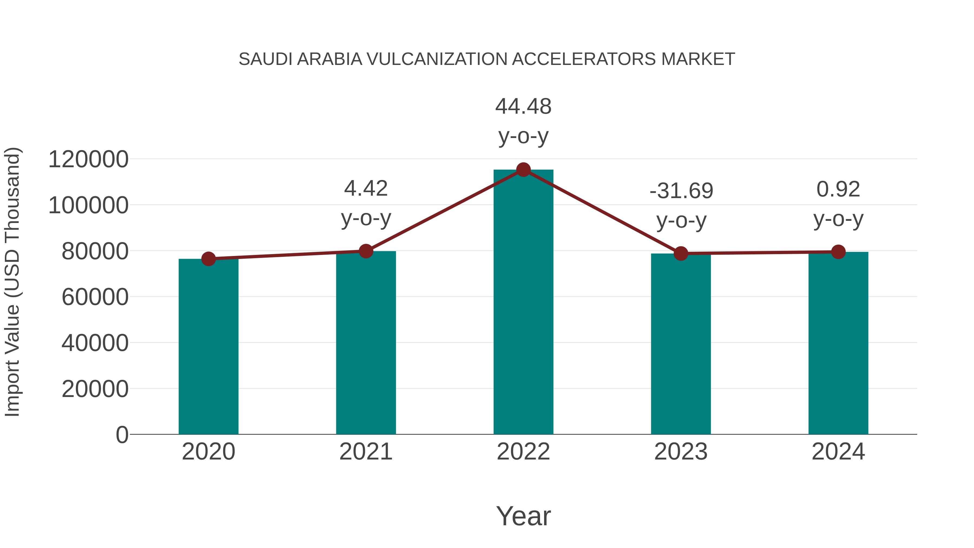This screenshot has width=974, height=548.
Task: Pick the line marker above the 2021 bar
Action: tap(366, 251)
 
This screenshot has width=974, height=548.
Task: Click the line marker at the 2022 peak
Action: tap(523, 170)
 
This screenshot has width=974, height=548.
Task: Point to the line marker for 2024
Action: tap(838, 252)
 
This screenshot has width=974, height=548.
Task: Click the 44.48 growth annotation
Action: tap(523, 107)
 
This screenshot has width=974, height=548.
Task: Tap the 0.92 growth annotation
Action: tap(838, 189)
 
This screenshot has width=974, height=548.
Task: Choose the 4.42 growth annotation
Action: tap(366, 188)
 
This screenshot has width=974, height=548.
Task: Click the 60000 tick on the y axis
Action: tap(95, 297)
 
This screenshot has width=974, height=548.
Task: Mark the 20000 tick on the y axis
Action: tap(95, 389)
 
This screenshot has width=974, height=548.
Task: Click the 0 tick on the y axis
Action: tap(122, 435)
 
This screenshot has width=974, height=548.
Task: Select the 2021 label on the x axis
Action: tap(366, 452)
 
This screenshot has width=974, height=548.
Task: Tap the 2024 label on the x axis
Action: tap(838, 452)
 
